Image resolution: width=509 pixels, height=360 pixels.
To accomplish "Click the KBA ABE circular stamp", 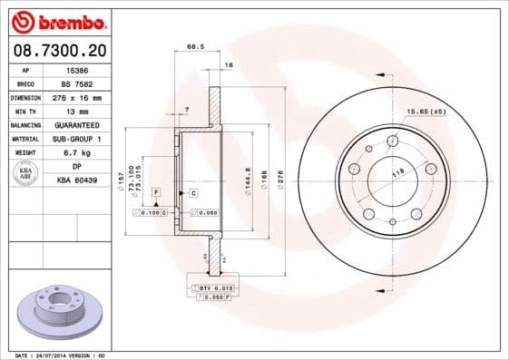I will [26, 174].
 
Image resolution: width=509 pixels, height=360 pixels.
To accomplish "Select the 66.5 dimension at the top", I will [193, 45].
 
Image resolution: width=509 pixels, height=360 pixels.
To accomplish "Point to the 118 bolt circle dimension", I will [397, 171].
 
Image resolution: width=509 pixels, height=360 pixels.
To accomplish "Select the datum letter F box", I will [156, 193].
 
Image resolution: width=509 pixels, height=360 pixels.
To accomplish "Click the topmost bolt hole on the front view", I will [392, 140].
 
